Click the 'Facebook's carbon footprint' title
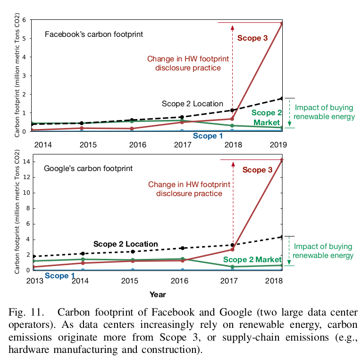93,34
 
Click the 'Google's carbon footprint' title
88,168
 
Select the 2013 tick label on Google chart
35,281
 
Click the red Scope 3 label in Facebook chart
255,38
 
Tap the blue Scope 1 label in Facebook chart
208,136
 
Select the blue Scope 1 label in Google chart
59,275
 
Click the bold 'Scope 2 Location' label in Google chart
126,244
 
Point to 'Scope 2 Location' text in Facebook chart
192,104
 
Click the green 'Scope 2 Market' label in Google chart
252,259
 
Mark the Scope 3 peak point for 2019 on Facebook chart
282,23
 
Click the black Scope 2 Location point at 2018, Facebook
232,110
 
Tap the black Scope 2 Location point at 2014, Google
83,254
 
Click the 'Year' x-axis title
158,294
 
